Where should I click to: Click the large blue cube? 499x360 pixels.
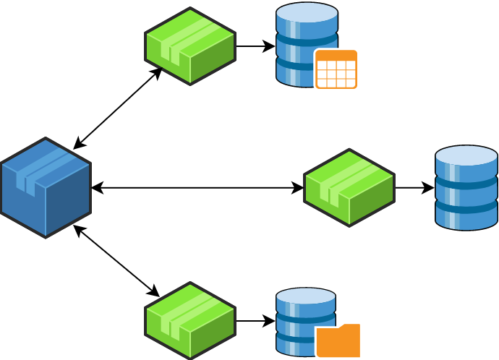[x=46, y=188]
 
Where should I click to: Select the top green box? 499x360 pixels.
[x=190, y=46]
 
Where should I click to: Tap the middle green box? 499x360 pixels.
[x=349, y=188]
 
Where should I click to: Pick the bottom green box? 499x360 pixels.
[x=190, y=320]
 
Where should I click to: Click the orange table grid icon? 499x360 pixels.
[x=336, y=69]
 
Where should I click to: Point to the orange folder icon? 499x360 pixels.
[x=338, y=340]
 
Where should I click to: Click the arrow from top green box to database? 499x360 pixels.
[x=255, y=47]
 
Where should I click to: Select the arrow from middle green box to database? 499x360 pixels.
[x=414, y=188]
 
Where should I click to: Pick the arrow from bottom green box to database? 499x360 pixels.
[x=255, y=321]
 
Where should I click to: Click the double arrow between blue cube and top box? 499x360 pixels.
[x=118, y=108]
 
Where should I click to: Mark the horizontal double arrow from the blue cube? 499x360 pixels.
[x=197, y=188]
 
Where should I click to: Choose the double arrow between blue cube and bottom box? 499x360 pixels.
[x=116, y=261]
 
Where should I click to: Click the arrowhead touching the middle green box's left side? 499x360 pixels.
[x=298, y=188]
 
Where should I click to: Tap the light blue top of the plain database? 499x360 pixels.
[x=466, y=155]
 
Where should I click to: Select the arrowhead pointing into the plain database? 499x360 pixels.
[x=429, y=188]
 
